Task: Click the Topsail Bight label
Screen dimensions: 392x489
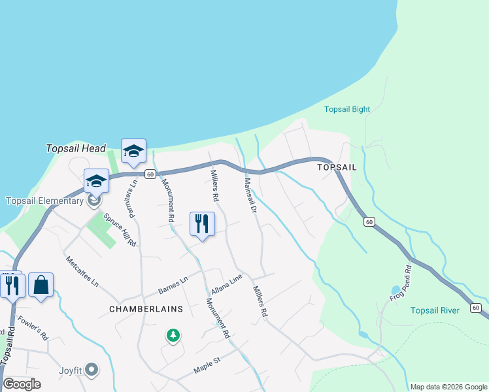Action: [347, 109]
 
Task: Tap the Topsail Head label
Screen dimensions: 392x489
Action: [76, 149]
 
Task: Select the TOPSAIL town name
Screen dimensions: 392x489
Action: [337, 167]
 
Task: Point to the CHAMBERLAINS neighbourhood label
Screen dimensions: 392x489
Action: [145, 308]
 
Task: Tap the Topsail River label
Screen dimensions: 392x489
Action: [435, 310]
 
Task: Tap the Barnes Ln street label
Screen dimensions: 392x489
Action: [173, 286]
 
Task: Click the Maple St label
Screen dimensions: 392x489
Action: [208, 365]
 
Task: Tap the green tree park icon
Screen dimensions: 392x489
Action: [173, 336]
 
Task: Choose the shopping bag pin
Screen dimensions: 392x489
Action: [41, 286]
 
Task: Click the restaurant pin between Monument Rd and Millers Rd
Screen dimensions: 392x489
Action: [202, 224]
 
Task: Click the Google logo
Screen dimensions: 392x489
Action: [22, 384]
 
